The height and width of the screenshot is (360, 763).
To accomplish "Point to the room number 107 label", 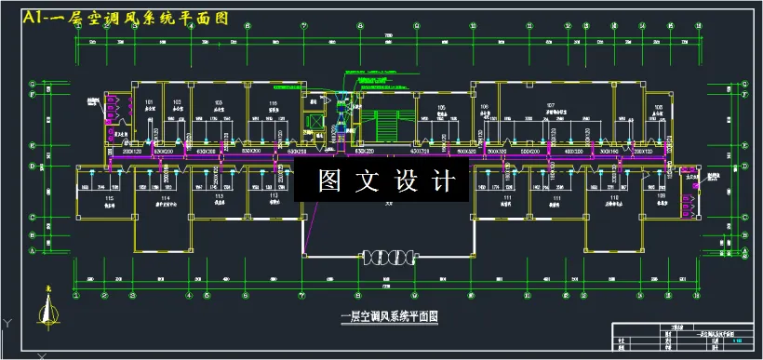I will pos(551,105).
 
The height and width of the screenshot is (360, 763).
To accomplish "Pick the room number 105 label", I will pos(441,108).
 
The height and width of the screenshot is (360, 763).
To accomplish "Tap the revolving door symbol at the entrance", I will pos(386,255).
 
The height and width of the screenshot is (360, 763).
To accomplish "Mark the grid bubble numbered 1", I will pos(75,293).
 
